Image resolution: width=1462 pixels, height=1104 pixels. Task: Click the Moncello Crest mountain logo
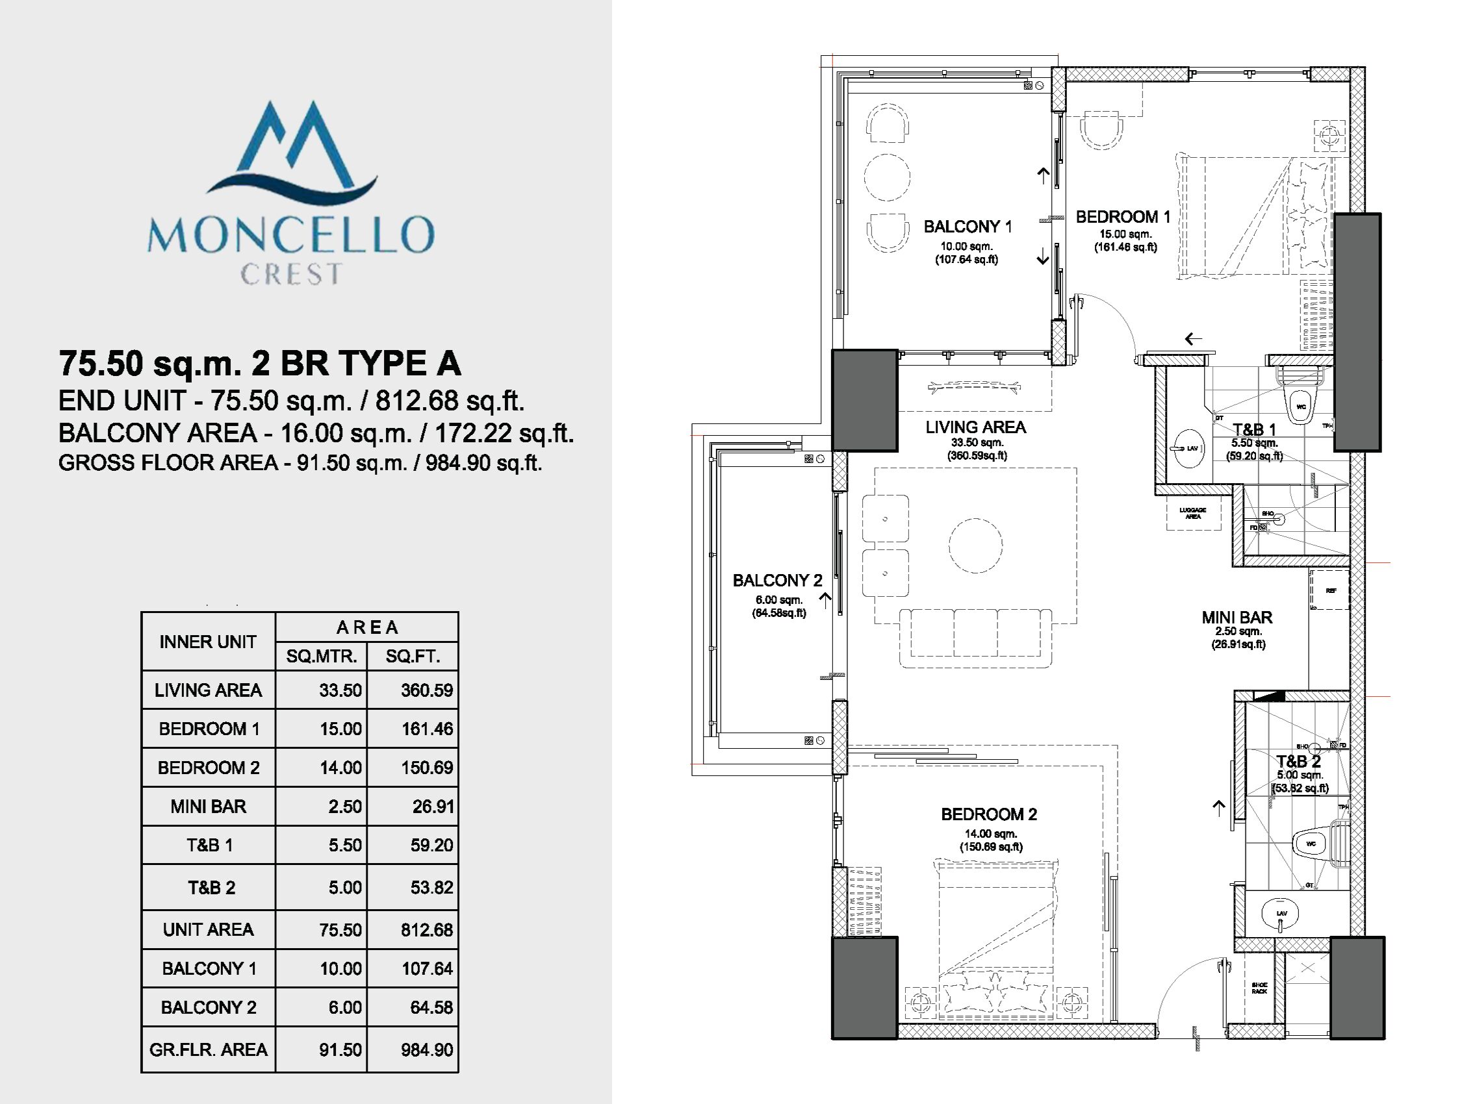coord(291,149)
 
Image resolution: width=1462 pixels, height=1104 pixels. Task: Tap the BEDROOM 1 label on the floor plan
coord(1122,217)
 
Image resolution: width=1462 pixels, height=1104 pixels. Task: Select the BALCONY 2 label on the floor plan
coord(777,581)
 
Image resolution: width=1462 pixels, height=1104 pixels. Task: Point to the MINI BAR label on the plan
coord(1237,618)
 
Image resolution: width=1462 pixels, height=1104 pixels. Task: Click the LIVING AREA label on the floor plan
coord(975,427)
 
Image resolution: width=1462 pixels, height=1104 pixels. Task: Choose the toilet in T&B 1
coord(1300,405)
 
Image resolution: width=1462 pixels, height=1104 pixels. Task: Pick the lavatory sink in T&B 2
coord(1280,914)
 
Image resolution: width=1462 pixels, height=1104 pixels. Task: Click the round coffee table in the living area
coord(975,546)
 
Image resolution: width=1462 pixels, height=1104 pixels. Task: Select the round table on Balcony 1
coord(887,177)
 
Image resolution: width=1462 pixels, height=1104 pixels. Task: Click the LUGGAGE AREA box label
coord(1192,512)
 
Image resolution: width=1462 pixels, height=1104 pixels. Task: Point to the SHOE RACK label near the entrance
coord(1259,988)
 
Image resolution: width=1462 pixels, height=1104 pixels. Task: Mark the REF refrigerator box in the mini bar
coord(1330,590)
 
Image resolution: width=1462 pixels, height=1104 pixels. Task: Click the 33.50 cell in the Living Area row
coord(340,690)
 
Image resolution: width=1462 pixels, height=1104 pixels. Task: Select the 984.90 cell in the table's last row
coord(426,1050)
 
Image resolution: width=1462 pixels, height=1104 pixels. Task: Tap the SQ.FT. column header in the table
coord(413,656)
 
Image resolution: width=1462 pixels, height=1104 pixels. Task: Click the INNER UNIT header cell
coord(207,642)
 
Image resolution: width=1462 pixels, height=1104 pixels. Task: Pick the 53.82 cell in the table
coord(431,887)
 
